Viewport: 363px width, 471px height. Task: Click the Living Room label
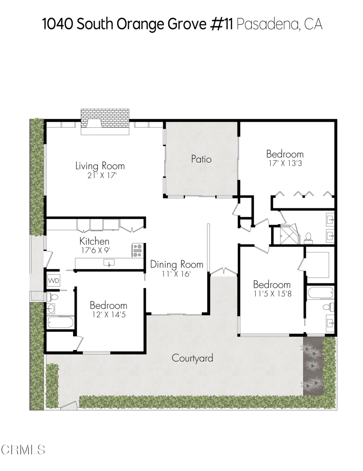[100, 166]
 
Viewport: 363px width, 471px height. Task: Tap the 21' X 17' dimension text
[100, 175]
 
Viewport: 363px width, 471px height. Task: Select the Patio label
[201, 159]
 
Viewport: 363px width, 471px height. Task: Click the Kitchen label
[95, 241]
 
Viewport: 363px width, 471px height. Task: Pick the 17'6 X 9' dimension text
[95, 250]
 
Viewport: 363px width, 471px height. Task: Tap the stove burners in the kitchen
[137, 250]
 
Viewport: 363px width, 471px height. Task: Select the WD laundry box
[53, 280]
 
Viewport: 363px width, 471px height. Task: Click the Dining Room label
[177, 264]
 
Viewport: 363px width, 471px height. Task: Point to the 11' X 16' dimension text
[177, 274]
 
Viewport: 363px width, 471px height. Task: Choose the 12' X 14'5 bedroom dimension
[108, 315]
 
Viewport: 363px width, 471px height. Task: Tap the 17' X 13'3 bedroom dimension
[285, 163]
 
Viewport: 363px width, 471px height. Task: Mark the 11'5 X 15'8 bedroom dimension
[272, 294]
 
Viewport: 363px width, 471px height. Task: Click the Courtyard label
[192, 358]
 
